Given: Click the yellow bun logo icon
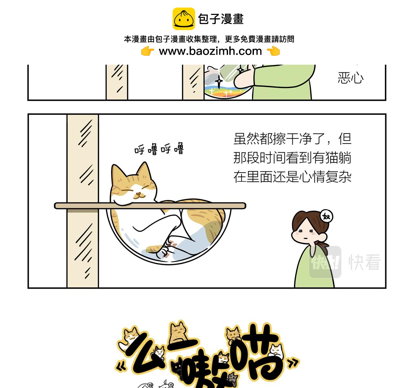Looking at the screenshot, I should (183, 19).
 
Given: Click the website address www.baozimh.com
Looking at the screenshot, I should (210, 51).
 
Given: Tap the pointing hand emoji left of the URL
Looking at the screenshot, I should (147, 51).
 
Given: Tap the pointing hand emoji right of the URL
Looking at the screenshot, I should (273, 51).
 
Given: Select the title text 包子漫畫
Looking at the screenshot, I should (221, 19).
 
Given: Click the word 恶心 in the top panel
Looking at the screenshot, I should (350, 78).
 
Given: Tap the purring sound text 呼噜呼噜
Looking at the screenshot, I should (159, 149).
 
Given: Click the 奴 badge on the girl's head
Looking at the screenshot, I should (326, 216).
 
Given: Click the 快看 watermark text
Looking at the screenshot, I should (365, 262).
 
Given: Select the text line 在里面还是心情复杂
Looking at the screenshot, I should (292, 177).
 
